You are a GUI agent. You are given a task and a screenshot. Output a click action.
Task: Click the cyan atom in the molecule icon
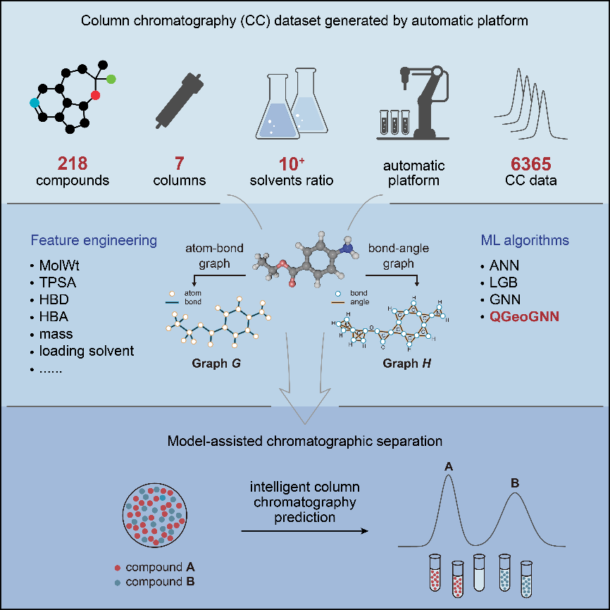[x=35, y=103]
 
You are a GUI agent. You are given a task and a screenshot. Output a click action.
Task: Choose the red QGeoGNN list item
[x=525, y=317]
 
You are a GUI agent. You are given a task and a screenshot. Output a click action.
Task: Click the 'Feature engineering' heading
[x=94, y=241]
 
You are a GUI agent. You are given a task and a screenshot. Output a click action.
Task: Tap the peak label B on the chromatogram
[x=514, y=483]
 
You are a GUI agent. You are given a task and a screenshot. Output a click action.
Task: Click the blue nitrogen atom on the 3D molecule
[x=350, y=247]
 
